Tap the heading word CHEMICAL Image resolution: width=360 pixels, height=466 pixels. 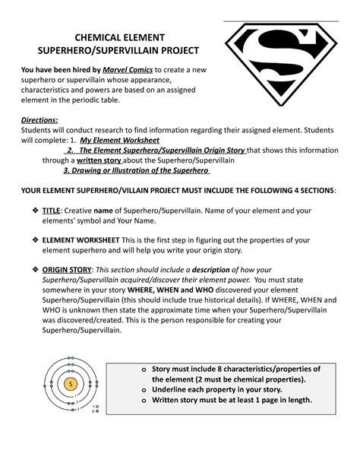tap(90, 37)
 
